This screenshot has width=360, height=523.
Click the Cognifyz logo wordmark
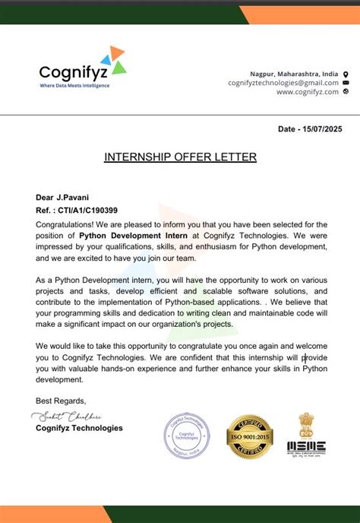tap(73, 71)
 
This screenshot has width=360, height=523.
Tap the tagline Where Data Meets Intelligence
tap(74, 85)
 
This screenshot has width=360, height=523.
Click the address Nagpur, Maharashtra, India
tap(294, 73)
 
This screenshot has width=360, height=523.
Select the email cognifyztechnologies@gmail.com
tap(283, 82)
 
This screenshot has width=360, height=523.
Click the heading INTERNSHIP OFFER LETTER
tap(180, 157)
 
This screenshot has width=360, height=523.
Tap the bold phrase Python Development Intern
tap(128, 236)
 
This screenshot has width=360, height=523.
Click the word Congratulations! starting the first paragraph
tap(65, 224)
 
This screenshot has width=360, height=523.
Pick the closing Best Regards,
tap(62, 401)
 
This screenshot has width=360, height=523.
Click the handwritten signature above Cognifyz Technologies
tap(67, 416)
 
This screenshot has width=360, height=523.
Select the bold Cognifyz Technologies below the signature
tap(79, 428)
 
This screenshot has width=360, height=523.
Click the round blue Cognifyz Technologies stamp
tap(187, 436)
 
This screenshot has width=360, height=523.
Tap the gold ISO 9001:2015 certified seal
tap(249, 437)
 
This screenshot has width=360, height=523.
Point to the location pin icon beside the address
tap(346, 74)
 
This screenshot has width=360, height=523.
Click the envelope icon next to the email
tap(346, 82)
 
